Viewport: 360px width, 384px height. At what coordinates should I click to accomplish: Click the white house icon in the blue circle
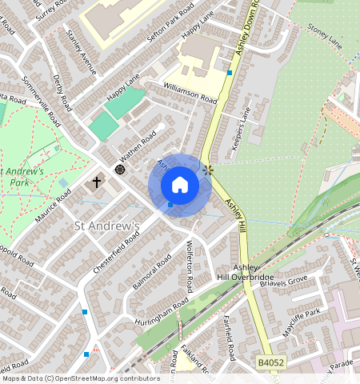click(180, 185)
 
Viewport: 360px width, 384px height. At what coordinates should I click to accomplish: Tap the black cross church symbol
click(97, 182)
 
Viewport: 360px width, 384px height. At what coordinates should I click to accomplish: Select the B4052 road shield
click(270, 363)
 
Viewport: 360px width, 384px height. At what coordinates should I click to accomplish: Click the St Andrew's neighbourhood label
click(106, 226)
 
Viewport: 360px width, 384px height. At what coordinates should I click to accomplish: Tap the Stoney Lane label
click(324, 36)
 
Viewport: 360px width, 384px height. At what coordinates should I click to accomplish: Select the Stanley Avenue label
click(82, 54)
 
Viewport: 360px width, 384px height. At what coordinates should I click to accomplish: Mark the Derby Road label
click(61, 95)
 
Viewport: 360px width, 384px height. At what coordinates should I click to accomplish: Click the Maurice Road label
click(54, 204)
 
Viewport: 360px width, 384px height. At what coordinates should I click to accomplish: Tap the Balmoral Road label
click(152, 273)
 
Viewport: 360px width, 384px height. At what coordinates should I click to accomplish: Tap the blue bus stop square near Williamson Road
click(230, 73)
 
